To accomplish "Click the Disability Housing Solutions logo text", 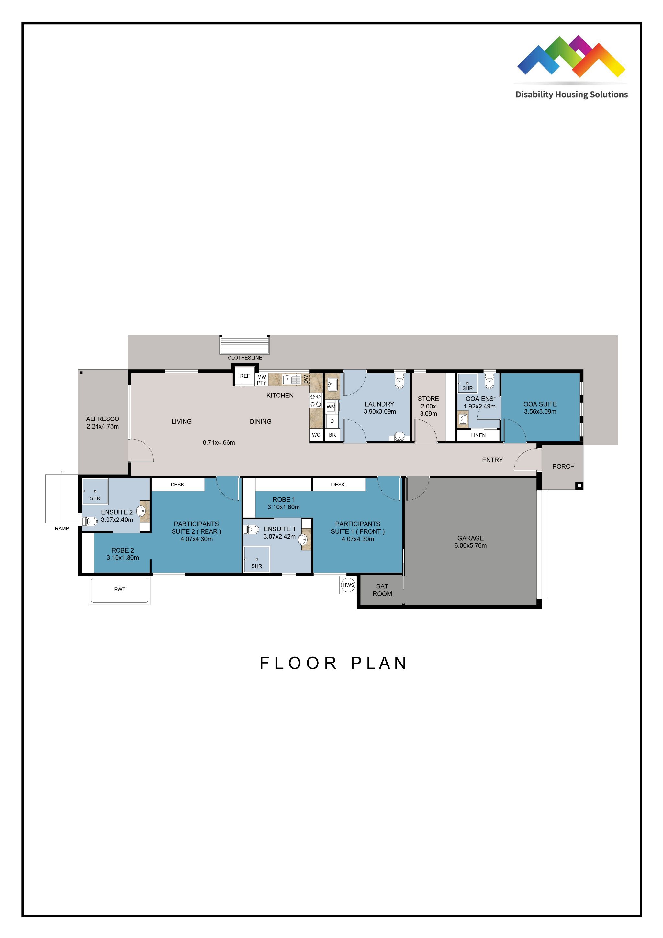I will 571,95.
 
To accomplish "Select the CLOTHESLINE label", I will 245,357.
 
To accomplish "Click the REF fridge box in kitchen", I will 245,376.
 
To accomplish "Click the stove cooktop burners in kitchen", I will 315,400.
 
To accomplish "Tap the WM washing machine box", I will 331,407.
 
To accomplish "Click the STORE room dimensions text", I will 428,410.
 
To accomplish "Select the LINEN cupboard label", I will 478,435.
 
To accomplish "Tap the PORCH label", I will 563,466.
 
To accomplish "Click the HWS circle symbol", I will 348,585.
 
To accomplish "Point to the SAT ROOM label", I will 382,590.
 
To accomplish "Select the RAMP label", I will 62,528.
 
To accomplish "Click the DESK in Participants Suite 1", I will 338,485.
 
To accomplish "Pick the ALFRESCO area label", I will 103,422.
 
